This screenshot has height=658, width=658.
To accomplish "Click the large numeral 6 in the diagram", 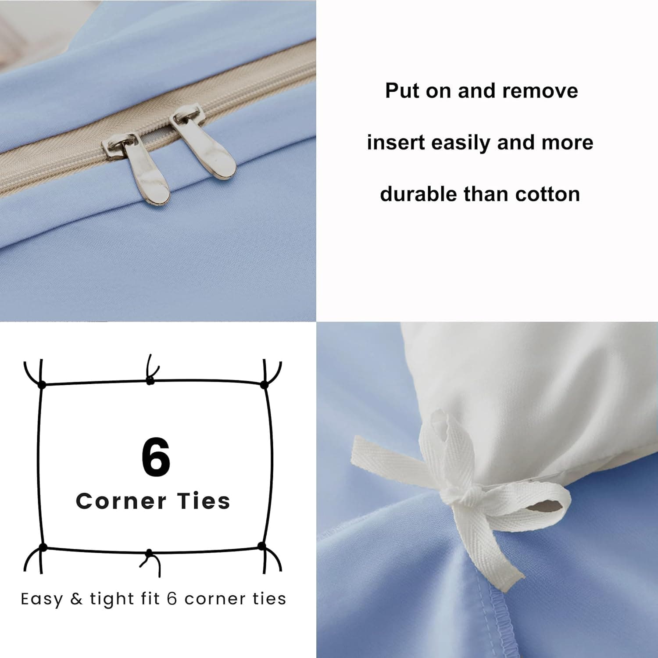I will [156, 457].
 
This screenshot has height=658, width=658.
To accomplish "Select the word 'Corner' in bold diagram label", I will [121, 501].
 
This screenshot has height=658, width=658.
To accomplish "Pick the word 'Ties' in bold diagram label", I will [204, 501].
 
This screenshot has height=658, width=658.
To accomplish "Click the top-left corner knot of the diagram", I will [42, 385].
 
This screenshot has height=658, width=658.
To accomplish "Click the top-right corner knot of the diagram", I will [264, 385].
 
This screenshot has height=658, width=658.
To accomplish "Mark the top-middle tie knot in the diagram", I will [150, 381].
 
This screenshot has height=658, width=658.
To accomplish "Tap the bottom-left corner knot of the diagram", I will [43, 547].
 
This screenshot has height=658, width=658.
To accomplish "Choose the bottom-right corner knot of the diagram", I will [262, 546].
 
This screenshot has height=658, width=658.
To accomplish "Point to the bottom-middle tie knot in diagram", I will [149, 553].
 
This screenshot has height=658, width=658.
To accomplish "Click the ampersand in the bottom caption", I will [76, 599].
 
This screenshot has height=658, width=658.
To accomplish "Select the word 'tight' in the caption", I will [112, 599].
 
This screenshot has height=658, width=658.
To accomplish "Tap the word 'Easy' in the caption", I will [42, 599].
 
